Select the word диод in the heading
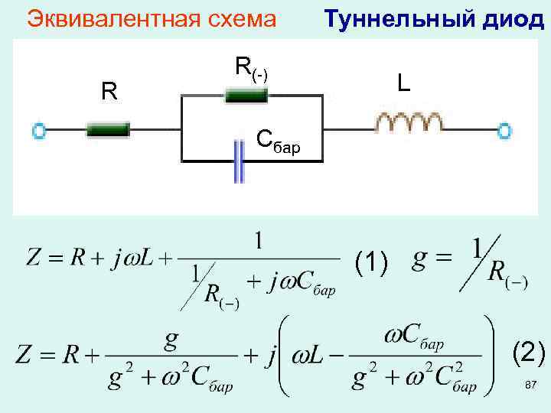512,18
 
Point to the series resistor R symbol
108,130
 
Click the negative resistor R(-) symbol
245,96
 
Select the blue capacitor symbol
239,161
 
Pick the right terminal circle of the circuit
504,131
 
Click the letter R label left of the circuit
109,93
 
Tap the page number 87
530,385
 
